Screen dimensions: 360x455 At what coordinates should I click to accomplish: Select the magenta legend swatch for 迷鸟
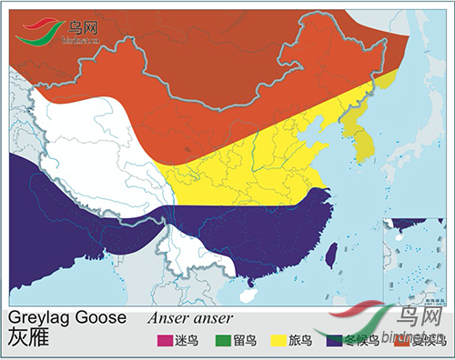[x=165, y=341]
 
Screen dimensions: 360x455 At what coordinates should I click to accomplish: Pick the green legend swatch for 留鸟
[x=219, y=341]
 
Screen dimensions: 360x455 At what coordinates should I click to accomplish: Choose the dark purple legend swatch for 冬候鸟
[x=336, y=341]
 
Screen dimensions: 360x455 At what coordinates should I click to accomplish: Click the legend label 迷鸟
[x=188, y=341]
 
